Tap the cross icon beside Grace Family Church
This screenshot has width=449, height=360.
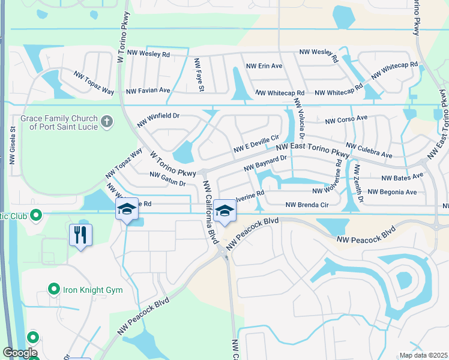click(x=107, y=122)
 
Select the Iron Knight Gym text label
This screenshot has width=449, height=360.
click(x=93, y=290)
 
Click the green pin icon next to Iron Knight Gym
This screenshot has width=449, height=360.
click(x=53, y=290)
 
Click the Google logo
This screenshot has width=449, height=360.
click(x=20, y=353)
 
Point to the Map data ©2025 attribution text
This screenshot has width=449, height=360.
click(x=423, y=355)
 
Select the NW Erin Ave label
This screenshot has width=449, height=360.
click(x=264, y=65)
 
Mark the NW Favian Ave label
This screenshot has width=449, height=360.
click(x=148, y=91)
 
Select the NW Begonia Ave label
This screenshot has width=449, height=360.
click(x=392, y=192)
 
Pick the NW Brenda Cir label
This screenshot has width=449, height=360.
click(x=307, y=205)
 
